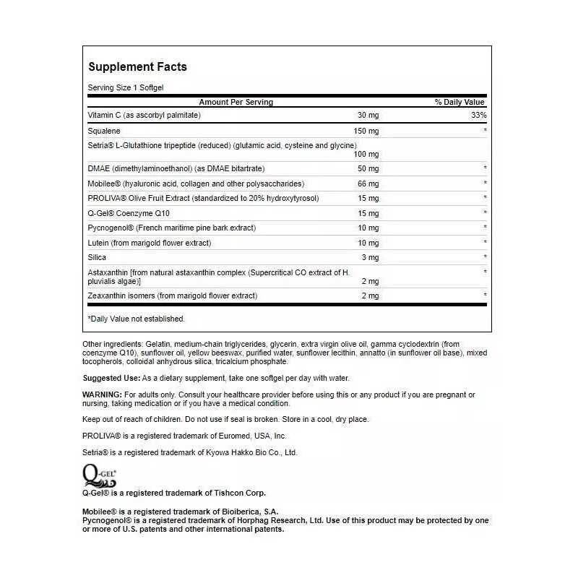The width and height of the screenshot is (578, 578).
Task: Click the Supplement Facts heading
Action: pyautogui.click(x=137, y=66)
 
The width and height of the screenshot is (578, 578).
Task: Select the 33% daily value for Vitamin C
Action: pyautogui.click(x=479, y=115)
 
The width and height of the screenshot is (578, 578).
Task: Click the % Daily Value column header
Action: pyautogui.click(x=460, y=102)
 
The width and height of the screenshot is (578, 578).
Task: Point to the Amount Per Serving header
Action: pyautogui.click(x=236, y=102)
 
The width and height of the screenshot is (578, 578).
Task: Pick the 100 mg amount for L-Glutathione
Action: pyautogui.click(x=366, y=155)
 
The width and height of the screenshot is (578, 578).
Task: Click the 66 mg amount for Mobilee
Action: pyautogui.click(x=368, y=184)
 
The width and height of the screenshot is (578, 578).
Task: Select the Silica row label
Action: pyautogui.click(x=97, y=257)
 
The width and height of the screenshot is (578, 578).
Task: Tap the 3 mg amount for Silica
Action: pyautogui.click(x=370, y=257)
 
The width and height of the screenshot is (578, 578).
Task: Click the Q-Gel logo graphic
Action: pyautogui.click(x=99, y=475)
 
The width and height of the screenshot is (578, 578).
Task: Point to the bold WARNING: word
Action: pyautogui.click(x=102, y=394)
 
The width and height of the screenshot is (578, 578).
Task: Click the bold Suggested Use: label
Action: pyautogui.click(x=111, y=378)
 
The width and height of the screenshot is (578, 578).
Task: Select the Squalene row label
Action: pyautogui.click(x=104, y=131)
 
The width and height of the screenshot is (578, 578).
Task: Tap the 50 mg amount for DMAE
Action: pyautogui.click(x=368, y=168)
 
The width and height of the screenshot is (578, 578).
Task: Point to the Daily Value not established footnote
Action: pyautogui.click(x=136, y=319)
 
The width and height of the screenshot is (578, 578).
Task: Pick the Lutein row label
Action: pyautogui.click(x=98, y=243)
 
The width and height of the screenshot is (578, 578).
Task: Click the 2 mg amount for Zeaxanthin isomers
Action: pyautogui.click(x=370, y=296)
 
